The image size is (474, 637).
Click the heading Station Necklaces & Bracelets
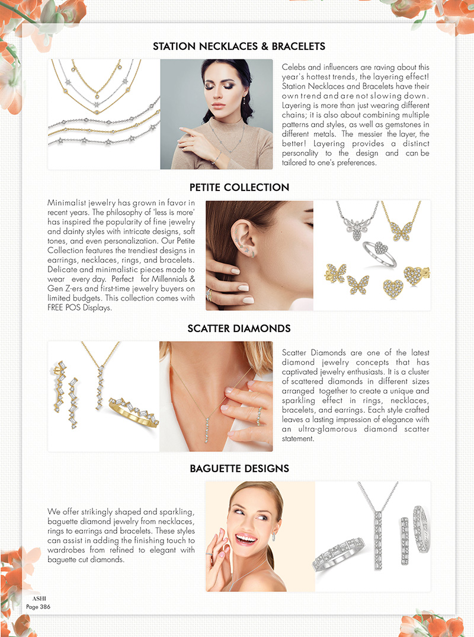click(x=239, y=46)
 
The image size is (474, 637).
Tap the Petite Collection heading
click(x=239, y=187)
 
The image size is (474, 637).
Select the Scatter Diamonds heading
click(x=239, y=328)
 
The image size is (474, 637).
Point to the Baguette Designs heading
click(x=239, y=469)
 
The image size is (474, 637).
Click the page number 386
click(x=45, y=607)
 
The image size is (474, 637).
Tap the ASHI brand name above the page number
click(x=39, y=598)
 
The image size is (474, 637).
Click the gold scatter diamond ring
click(x=134, y=412)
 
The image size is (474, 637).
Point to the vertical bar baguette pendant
click(x=378, y=540)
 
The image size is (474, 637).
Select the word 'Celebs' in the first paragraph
click(x=294, y=67)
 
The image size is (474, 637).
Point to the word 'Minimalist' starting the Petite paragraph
click(x=66, y=203)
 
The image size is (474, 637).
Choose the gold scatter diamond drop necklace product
click(x=100, y=376)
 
